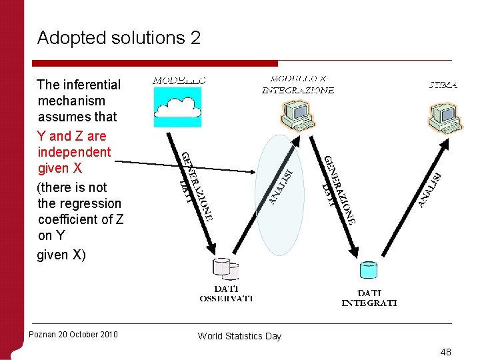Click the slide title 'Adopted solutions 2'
(x=119, y=38)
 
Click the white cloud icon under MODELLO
(x=177, y=106)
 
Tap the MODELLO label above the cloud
(x=179, y=80)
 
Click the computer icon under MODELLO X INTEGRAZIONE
(x=297, y=113)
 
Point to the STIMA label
(x=443, y=85)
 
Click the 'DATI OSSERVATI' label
(x=226, y=293)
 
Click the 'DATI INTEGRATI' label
(x=369, y=297)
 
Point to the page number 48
(x=445, y=351)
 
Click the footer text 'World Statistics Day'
(x=239, y=336)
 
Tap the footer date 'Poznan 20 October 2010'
(x=73, y=334)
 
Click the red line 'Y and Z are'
(x=72, y=136)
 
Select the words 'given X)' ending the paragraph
(x=61, y=255)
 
